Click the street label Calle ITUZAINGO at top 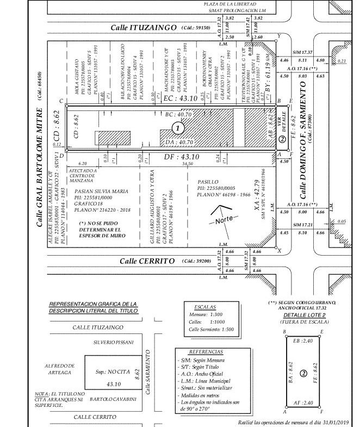tap(144, 27)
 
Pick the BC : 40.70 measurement tap(178, 115)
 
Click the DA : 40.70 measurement tap(178, 142)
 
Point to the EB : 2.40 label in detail tap(303, 342)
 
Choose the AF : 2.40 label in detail tap(303, 403)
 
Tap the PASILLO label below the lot tap(208, 182)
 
